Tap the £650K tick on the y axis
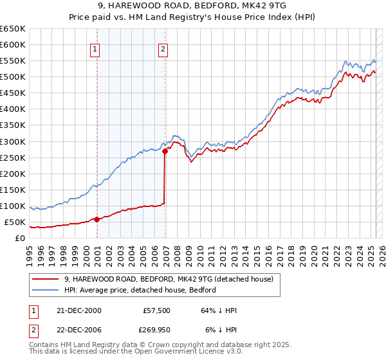tap(13, 29)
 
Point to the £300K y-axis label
tap(13, 141)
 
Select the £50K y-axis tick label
tap(15, 222)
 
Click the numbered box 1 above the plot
tap(95, 49)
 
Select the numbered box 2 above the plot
tap(163, 49)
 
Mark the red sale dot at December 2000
tap(97, 219)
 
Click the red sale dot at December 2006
tap(165, 151)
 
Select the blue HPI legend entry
tap(140, 290)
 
